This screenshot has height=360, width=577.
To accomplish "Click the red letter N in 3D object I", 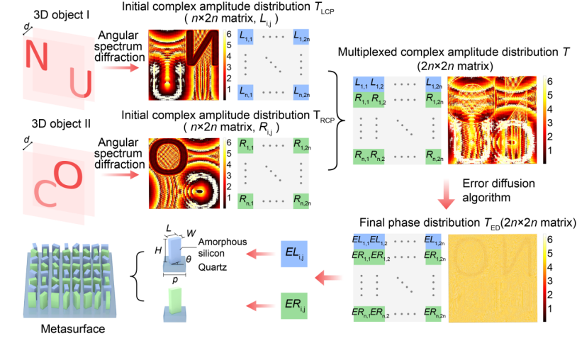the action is click(36, 55).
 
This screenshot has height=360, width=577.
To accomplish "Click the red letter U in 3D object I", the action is click(81, 84).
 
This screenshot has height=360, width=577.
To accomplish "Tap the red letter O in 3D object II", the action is click(69, 176).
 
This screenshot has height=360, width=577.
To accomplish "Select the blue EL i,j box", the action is click(294, 254).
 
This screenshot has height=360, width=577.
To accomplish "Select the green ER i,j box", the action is click(294, 305).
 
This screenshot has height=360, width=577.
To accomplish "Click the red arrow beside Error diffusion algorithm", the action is click(446, 193).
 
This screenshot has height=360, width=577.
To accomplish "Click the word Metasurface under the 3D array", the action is click(73, 328).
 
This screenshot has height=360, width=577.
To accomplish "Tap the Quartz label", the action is click(213, 267).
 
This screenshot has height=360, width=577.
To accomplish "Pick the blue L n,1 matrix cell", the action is click(245, 92).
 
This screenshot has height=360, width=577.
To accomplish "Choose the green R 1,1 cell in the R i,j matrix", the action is click(245, 145).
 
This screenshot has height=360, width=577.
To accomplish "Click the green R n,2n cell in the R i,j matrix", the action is click(301, 201).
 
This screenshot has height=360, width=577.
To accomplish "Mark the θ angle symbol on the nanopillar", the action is click(189, 259).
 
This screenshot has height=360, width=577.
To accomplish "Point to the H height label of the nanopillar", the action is click(158, 250).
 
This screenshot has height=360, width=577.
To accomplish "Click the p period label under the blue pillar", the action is click(175, 280).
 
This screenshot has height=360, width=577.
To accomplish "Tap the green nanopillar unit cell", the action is click(175, 305).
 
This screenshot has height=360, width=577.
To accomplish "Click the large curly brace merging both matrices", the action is click(337, 120).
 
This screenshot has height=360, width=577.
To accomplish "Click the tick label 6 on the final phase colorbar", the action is click(550, 240).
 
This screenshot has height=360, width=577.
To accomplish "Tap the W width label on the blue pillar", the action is click(191, 233).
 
